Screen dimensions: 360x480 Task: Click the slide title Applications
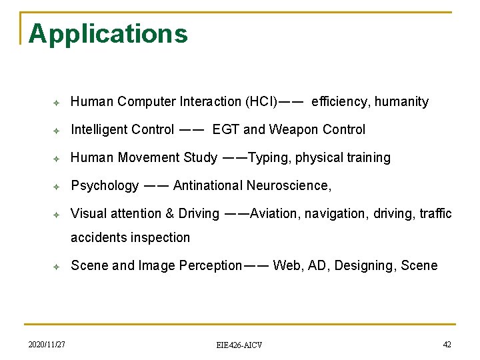tap(108, 33)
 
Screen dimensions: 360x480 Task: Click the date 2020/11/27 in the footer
tap(47, 344)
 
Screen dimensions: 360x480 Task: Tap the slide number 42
tap(447, 344)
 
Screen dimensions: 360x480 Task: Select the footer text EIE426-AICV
tap(239, 345)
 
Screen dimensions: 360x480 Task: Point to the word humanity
tap(401, 102)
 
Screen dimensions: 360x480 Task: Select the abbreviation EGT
tap(226, 130)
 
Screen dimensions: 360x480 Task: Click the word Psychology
tap(105, 186)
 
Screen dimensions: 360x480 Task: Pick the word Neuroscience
tap(287, 186)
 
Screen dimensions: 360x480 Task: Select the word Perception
tap(211, 266)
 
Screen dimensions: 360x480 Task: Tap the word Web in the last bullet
tap(287, 266)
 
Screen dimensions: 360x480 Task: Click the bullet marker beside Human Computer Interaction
tap(57, 102)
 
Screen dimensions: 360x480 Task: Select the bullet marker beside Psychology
tap(57, 186)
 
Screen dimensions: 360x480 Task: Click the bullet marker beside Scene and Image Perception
tap(57, 267)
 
